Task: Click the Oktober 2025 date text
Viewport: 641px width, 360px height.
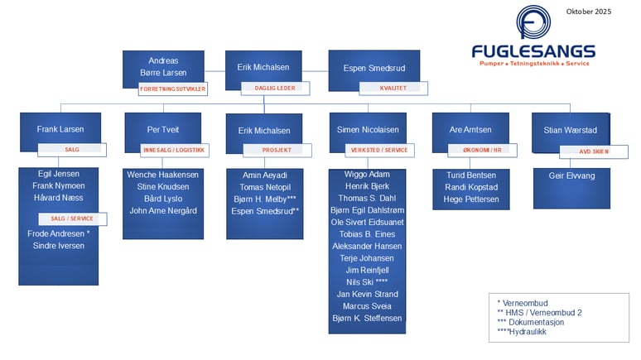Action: (x=588, y=11)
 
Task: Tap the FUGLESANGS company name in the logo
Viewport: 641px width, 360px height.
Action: (x=533, y=51)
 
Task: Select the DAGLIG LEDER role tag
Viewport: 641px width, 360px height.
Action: (x=274, y=87)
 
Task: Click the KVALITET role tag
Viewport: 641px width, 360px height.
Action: (x=393, y=87)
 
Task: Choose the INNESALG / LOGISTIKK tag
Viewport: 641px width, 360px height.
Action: (x=173, y=150)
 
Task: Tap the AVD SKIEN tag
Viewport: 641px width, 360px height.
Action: (x=594, y=152)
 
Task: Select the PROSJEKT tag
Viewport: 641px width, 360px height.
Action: (x=276, y=151)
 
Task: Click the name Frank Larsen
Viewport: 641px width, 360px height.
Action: (x=60, y=129)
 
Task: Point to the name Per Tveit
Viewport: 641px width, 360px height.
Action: (x=163, y=130)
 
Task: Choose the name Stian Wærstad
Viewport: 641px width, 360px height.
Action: (x=570, y=130)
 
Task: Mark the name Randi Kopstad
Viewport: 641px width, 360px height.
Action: (x=470, y=187)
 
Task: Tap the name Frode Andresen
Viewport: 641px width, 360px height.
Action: (x=59, y=234)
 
